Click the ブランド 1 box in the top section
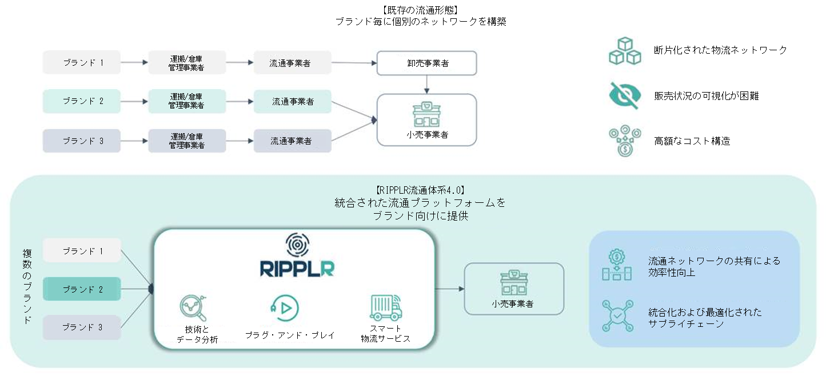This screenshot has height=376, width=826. [82, 62]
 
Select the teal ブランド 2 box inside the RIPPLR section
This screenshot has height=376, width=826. [82, 289]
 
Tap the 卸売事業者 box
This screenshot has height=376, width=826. [426, 63]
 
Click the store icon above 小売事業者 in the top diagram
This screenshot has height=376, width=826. [426, 114]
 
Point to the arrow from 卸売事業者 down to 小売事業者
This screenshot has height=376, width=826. [426, 84]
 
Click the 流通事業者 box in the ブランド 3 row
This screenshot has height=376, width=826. [293, 141]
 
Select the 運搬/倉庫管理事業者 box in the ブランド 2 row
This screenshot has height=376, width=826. [187, 101]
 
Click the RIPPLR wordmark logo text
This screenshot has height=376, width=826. [297, 268]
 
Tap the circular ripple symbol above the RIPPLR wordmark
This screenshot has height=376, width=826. [297, 245]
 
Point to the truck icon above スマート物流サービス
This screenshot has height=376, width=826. [385, 308]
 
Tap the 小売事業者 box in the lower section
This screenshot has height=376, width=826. [513, 289]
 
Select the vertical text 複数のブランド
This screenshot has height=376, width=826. [27, 286]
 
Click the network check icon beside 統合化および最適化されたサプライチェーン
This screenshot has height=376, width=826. [617, 315]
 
